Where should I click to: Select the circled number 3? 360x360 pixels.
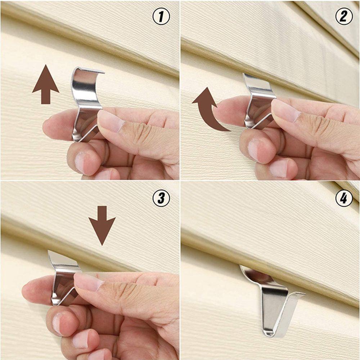point(161,198)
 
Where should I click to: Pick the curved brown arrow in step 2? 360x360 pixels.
point(209,110)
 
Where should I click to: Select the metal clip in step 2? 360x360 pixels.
point(257,101)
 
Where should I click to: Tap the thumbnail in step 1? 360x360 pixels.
point(110,121)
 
